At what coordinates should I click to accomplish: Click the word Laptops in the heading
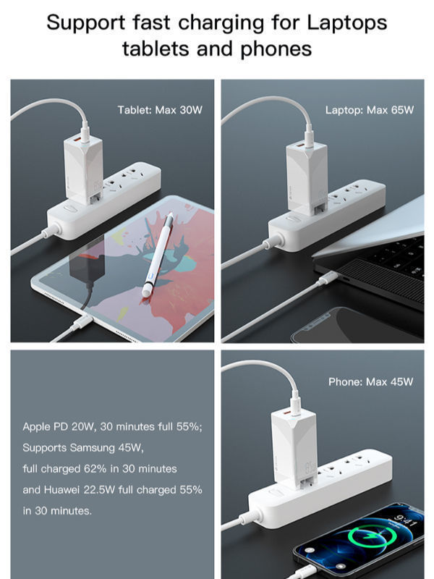347,23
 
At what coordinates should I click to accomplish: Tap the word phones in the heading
276,49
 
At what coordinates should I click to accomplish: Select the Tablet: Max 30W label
160,110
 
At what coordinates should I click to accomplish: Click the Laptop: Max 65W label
370,110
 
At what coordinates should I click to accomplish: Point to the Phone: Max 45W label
370,382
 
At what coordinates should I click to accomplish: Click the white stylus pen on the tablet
158,254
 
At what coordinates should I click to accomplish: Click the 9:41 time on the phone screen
405,520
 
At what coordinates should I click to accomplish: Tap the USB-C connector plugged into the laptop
327,278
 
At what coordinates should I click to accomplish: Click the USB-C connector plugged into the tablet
82,322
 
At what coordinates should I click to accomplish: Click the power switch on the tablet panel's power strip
70,208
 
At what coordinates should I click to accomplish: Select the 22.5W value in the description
99,490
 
